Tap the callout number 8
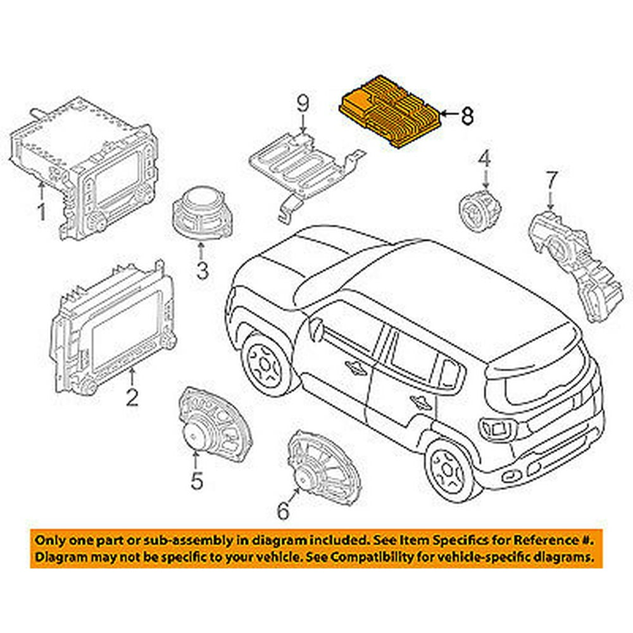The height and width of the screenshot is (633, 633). pos(466,115)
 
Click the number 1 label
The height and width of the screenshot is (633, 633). pos(42,211)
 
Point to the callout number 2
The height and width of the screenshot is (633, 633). pos(132,397)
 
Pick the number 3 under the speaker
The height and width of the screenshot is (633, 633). pos(201,271)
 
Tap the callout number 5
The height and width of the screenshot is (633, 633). pos(197,480)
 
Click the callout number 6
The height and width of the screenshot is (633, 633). pos(282,508)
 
